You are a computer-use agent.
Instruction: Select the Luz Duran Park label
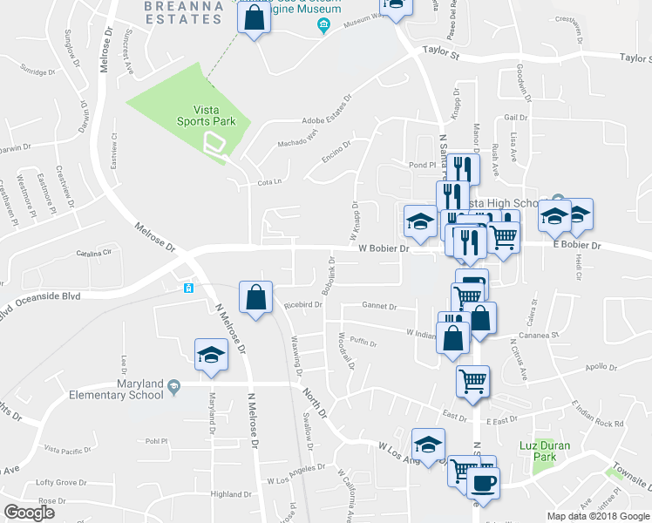551,451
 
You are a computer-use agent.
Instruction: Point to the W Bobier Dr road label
384,248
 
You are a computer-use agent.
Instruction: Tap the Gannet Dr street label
380,307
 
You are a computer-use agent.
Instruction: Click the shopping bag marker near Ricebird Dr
255,297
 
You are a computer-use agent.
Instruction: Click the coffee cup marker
482,482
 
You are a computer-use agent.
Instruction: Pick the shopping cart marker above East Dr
472,380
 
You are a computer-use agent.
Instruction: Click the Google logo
29,513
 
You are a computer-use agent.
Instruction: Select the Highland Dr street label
231,494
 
